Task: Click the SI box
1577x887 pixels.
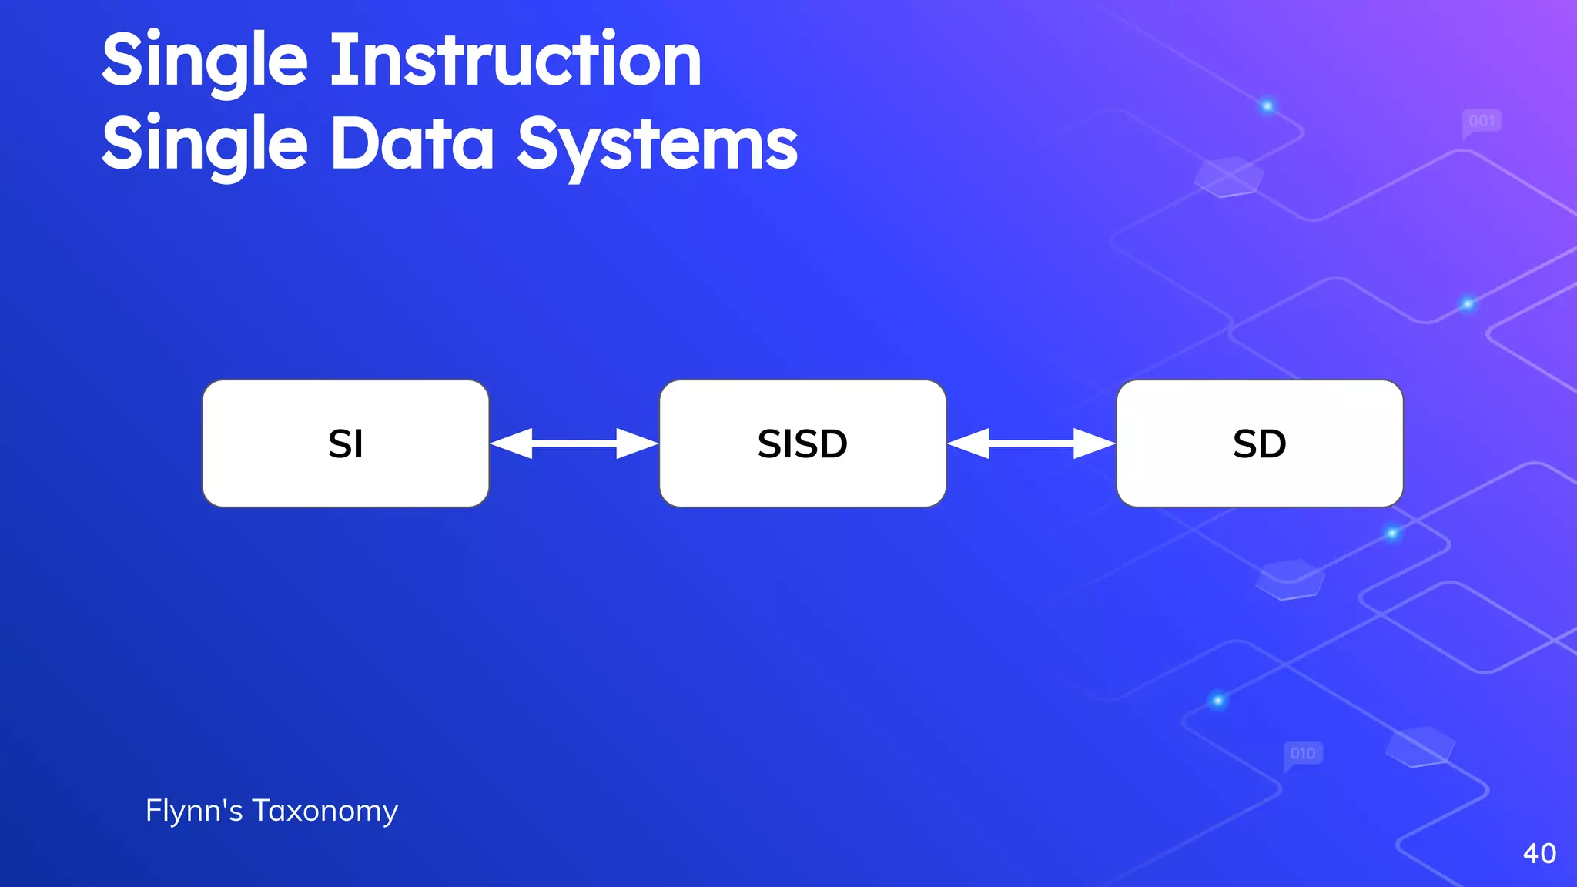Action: click(x=346, y=443)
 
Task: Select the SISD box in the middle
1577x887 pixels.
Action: click(x=802, y=443)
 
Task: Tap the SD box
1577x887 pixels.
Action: click(x=1260, y=443)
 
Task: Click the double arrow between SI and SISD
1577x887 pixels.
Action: click(x=574, y=443)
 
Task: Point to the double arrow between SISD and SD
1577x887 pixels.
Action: click(x=1032, y=443)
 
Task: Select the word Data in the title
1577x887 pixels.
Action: click(x=413, y=144)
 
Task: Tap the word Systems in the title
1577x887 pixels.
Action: click(x=658, y=144)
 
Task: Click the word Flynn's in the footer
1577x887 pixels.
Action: click(x=194, y=810)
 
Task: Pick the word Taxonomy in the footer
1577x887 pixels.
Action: click(x=325, y=811)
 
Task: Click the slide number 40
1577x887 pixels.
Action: click(x=1539, y=853)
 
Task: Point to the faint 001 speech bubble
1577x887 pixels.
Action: click(x=1482, y=122)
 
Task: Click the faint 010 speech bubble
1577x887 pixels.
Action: click(x=1303, y=754)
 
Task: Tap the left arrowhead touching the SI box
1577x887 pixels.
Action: click(x=511, y=443)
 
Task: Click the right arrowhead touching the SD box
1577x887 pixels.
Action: click(x=1094, y=443)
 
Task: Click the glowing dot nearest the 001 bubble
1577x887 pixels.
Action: click(x=1267, y=106)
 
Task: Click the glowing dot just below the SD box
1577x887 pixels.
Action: click(x=1392, y=533)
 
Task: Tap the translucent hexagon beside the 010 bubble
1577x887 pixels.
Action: click(x=1420, y=746)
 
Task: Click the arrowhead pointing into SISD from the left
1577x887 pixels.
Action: click(x=637, y=443)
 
